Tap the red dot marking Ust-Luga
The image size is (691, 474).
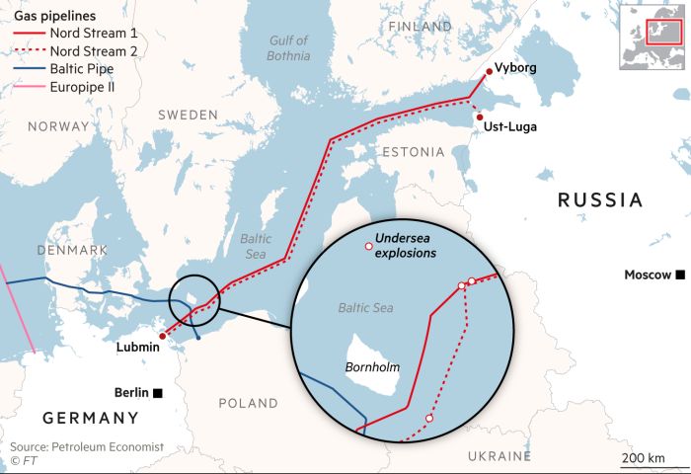(x=479, y=118)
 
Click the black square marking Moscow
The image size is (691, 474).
(x=680, y=275)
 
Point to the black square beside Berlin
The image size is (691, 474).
(x=157, y=392)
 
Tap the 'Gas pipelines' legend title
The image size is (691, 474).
(x=48, y=16)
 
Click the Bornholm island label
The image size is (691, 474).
(x=372, y=367)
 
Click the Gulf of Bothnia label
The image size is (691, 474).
(x=289, y=47)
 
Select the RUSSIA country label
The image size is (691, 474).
(x=600, y=200)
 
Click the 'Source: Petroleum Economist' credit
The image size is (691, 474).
(x=87, y=447)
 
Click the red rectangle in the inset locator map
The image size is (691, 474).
(x=657, y=31)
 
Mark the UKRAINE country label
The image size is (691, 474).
(x=499, y=455)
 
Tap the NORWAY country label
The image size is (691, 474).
(x=58, y=126)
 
